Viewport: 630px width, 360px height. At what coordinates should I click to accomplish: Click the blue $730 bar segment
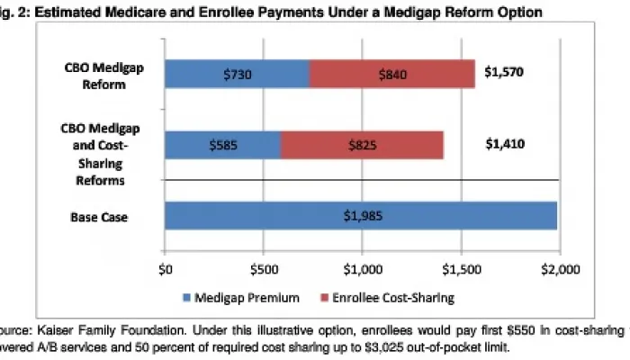click(x=237, y=74)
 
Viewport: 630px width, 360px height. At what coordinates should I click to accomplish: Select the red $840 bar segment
click(x=391, y=74)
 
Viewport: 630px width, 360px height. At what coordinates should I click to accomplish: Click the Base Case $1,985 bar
click(x=360, y=216)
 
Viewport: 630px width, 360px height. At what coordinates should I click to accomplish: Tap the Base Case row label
click(x=100, y=217)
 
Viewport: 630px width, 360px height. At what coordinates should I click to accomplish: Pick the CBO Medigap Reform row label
click(x=99, y=74)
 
